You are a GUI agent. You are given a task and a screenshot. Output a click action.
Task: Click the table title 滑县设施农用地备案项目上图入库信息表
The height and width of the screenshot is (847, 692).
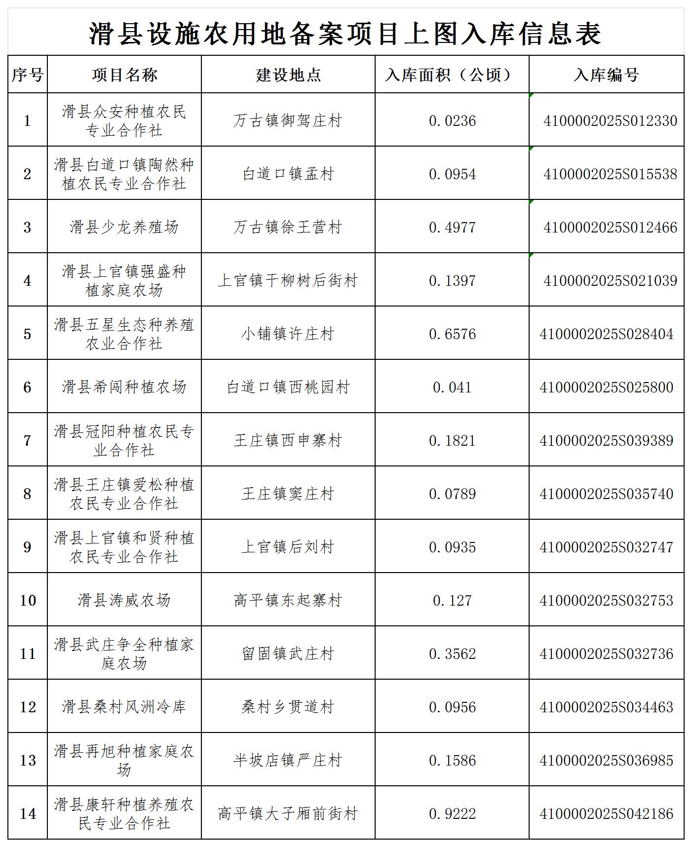pos(345,34)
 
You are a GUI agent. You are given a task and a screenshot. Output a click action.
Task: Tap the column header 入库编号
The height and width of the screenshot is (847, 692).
pos(606,75)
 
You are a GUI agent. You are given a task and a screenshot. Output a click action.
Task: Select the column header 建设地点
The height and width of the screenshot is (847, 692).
pos(288,75)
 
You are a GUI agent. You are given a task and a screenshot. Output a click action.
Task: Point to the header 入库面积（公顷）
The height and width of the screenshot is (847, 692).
pos(452,75)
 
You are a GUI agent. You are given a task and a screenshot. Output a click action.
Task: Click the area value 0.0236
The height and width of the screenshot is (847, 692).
pos(452,120)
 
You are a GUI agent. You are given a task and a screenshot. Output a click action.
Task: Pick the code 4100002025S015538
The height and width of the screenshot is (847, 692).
pos(610,174)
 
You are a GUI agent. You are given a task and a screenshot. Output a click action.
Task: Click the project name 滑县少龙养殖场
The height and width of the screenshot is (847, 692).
pos(124,227)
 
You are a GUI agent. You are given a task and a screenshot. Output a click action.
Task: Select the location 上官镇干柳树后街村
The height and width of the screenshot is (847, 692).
pos(288,280)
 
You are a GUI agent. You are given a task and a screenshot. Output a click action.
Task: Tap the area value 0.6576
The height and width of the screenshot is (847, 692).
pos(452,334)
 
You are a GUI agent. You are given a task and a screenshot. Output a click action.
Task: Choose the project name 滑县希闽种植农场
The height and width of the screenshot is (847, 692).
pos(124,387)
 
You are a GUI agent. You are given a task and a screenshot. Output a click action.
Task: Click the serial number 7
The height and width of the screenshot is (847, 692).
pos(28,440)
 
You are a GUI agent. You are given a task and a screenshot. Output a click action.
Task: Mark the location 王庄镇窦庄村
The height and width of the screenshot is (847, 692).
pos(288,494)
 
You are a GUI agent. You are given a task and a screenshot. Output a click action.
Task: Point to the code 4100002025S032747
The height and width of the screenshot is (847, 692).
pos(606,547)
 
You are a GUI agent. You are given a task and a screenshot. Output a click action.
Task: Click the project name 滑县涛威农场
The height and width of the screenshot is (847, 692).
pos(124,600)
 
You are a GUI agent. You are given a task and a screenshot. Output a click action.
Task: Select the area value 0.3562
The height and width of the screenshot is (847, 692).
pos(452,654)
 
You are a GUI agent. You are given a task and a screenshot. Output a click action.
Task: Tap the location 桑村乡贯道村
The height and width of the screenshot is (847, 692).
pos(288,707)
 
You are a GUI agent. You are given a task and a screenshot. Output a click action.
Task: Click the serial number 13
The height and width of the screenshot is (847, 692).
pos(28,760)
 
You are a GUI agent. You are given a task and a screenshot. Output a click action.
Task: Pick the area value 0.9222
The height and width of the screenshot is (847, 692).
pos(452,813)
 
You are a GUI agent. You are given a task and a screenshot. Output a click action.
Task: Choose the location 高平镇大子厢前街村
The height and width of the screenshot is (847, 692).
pos(288,813)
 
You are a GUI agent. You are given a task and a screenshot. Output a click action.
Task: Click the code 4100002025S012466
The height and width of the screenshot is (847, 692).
pos(610,227)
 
